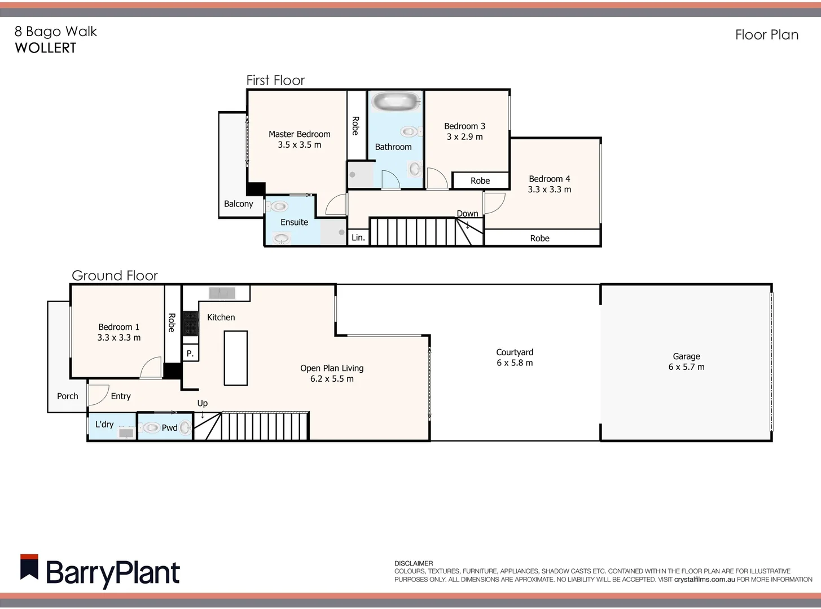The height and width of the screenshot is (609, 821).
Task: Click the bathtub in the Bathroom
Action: pyautogui.click(x=396, y=102)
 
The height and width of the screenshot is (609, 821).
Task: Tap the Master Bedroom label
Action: pyautogui.click(x=299, y=134)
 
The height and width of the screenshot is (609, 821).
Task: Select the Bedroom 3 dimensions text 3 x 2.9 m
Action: pyautogui.click(x=464, y=137)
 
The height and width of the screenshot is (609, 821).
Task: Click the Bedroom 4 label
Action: pyautogui.click(x=549, y=179)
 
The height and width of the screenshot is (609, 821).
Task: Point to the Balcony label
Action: pyautogui.click(x=238, y=204)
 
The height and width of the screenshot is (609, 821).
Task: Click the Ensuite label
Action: pyautogui.click(x=294, y=222)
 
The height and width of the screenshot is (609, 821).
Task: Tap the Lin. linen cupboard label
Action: pyautogui.click(x=358, y=238)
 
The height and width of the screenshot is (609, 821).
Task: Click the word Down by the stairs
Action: pyautogui.click(x=467, y=214)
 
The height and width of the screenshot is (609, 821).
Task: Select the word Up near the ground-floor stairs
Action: pyautogui.click(x=202, y=403)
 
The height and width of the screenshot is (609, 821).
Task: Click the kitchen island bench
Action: pyautogui.click(x=236, y=358)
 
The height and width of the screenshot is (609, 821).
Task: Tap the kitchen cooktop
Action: pyautogui.click(x=190, y=324)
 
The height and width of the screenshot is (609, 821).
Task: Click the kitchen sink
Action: pyautogui.click(x=222, y=293)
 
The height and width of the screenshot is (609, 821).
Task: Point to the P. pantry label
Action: pyautogui.click(x=190, y=354)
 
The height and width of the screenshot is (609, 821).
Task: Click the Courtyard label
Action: pyautogui.click(x=515, y=352)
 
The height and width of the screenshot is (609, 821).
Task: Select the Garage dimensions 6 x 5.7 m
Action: pyautogui.click(x=686, y=367)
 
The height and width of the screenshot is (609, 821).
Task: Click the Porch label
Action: pyautogui.click(x=67, y=396)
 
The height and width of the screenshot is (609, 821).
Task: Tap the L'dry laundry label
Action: pyautogui.click(x=104, y=424)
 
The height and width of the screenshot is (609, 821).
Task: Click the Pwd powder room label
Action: pyautogui.click(x=169, y=428)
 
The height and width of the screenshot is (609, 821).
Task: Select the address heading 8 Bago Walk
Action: pyautogui.click(x=56, y=32)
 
